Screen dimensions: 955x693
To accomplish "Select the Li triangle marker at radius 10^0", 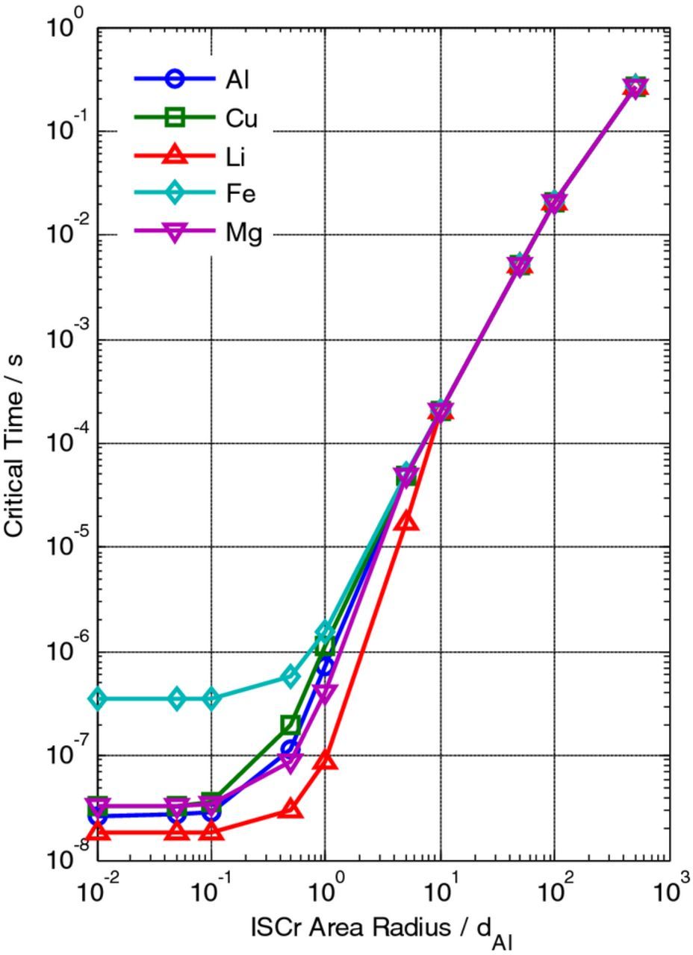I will [x=326, y=760].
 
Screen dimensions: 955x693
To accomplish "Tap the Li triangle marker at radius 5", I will [x=406, y=522].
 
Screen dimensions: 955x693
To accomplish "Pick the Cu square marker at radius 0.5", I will [x=290, y=724].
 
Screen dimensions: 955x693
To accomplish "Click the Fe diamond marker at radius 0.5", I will [x=290, y=677].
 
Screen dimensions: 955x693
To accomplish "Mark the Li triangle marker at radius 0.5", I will [x=290, y=810].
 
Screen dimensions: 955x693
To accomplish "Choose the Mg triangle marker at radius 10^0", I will [x=326, y=693].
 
